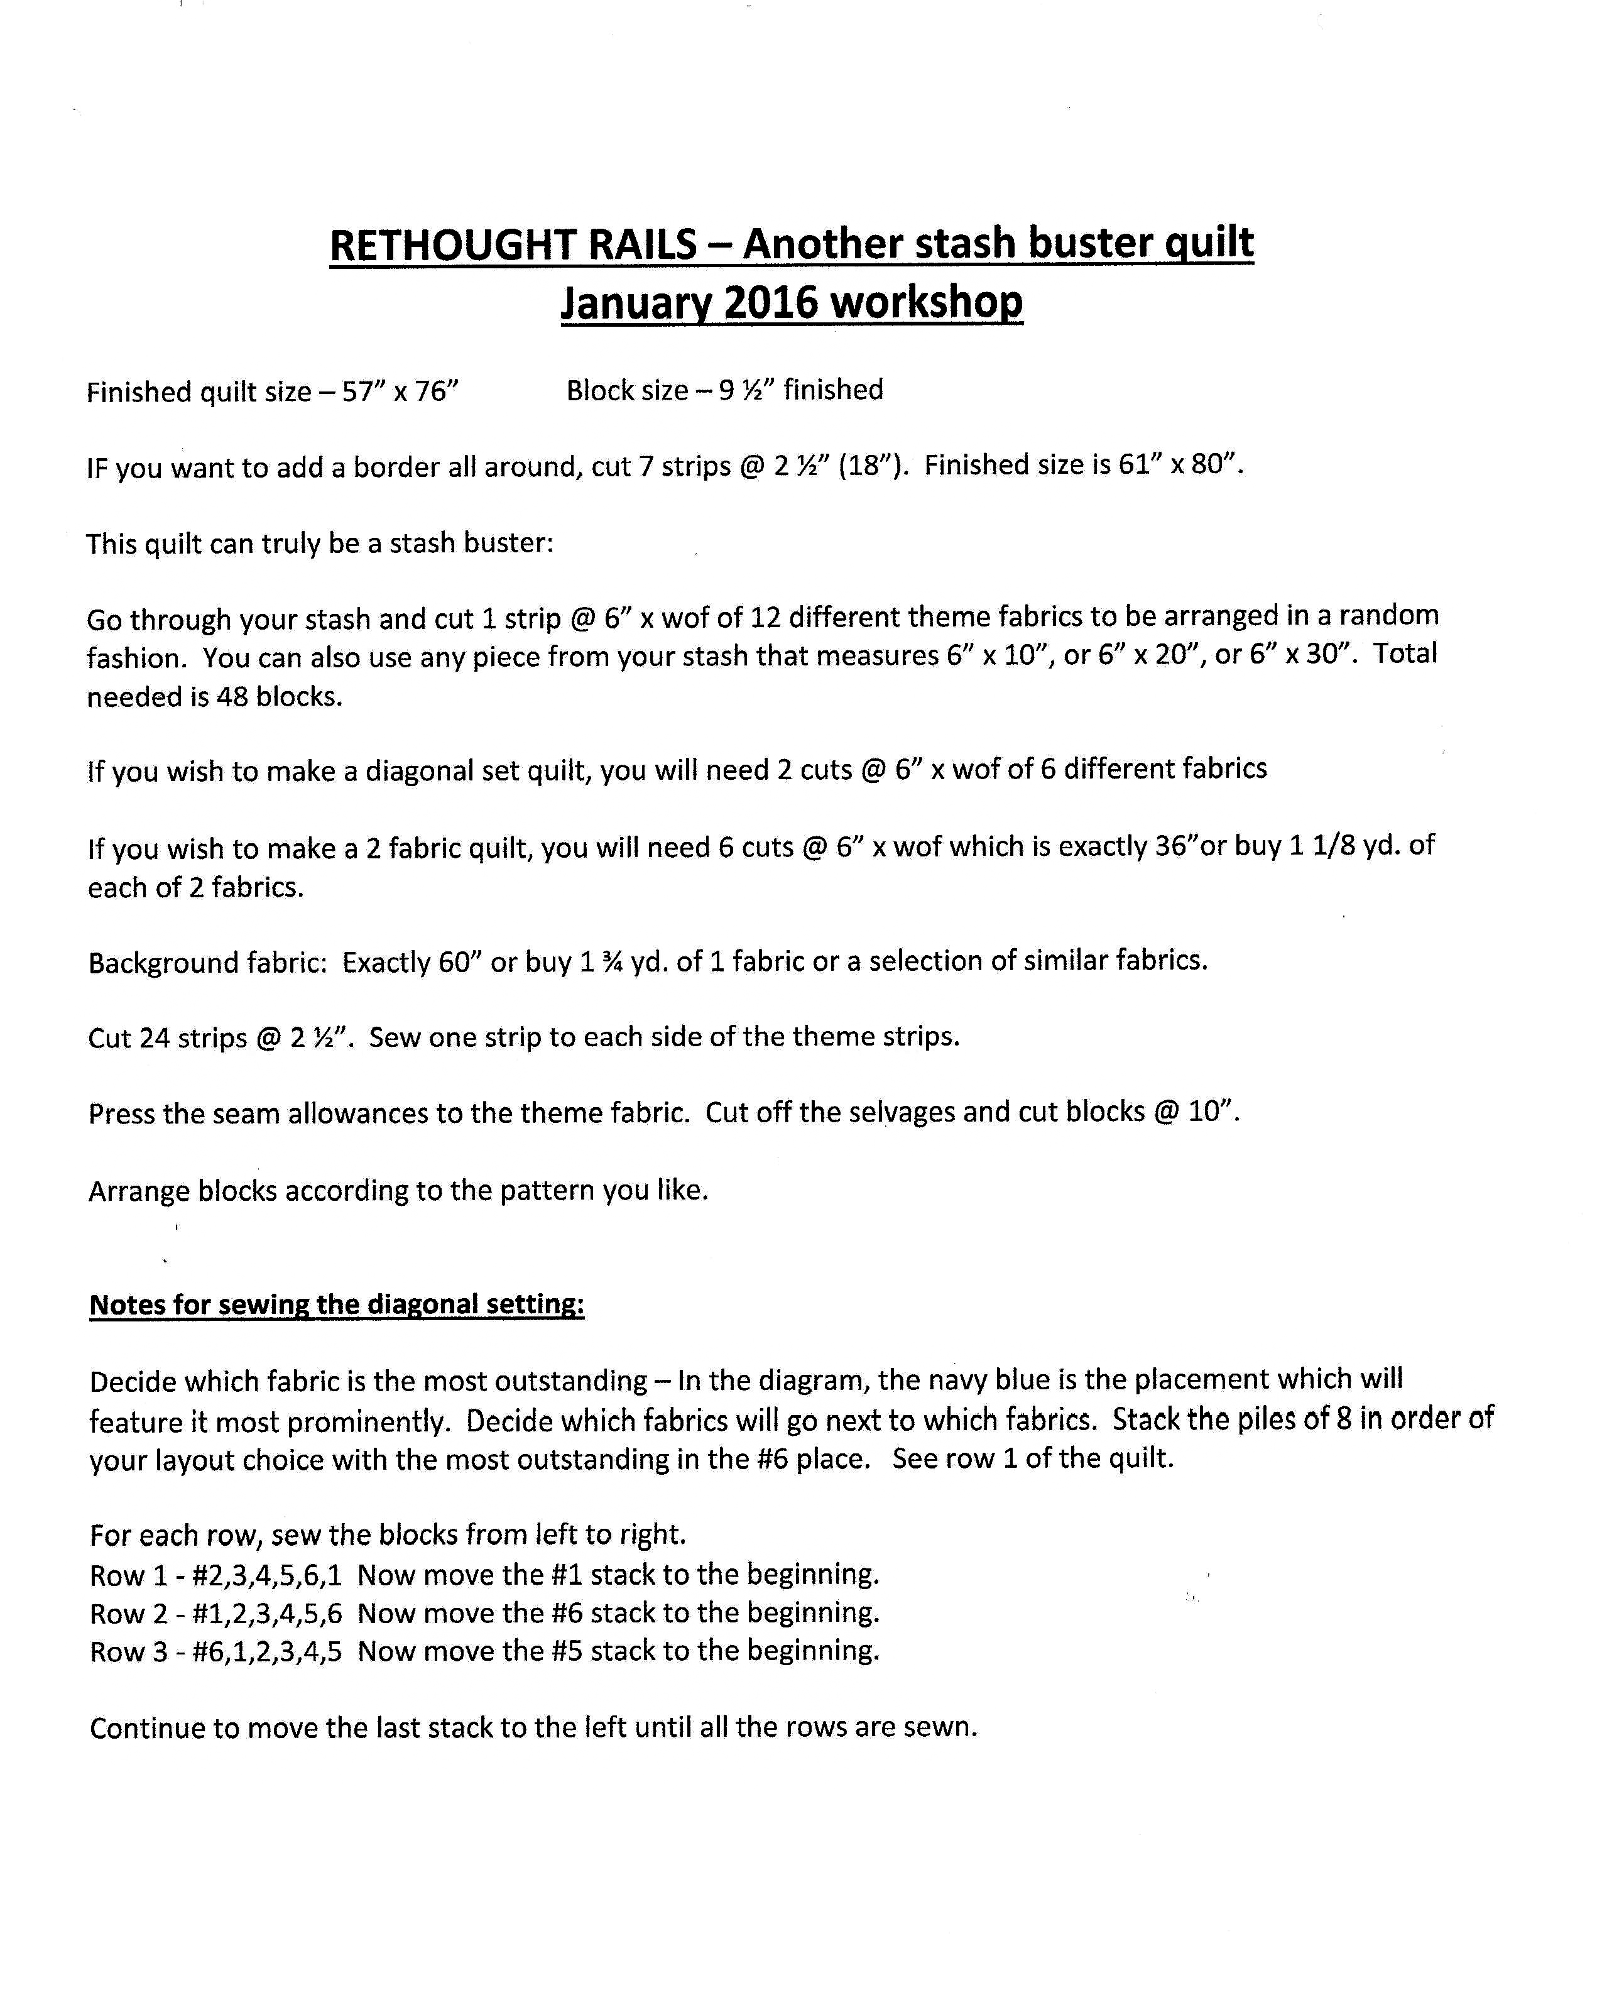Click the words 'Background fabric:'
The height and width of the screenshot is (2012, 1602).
[x=207, y=962]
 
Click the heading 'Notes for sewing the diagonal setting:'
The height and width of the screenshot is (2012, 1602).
[x=337, y=1304]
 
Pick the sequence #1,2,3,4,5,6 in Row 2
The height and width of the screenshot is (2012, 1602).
[x=267, y=1614]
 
